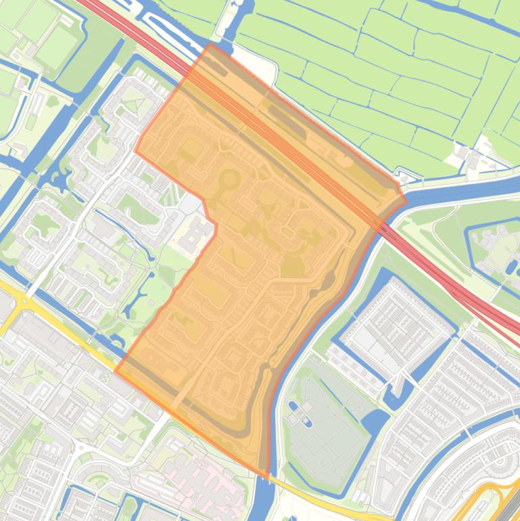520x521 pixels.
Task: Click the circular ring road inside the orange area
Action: (x=229, y=180)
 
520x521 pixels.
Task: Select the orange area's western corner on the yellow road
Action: (x=116, y=371)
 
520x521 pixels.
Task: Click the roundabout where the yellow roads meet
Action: (x=25, y=298)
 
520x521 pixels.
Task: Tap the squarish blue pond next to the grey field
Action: (x=374, y=424)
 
